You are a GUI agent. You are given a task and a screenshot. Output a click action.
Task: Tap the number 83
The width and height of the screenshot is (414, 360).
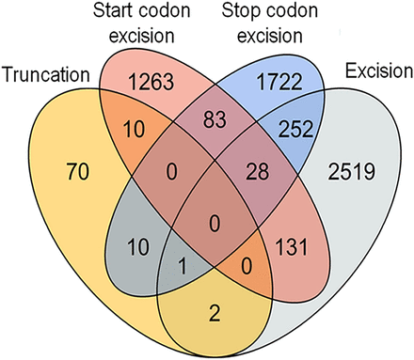tap(207, 117)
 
